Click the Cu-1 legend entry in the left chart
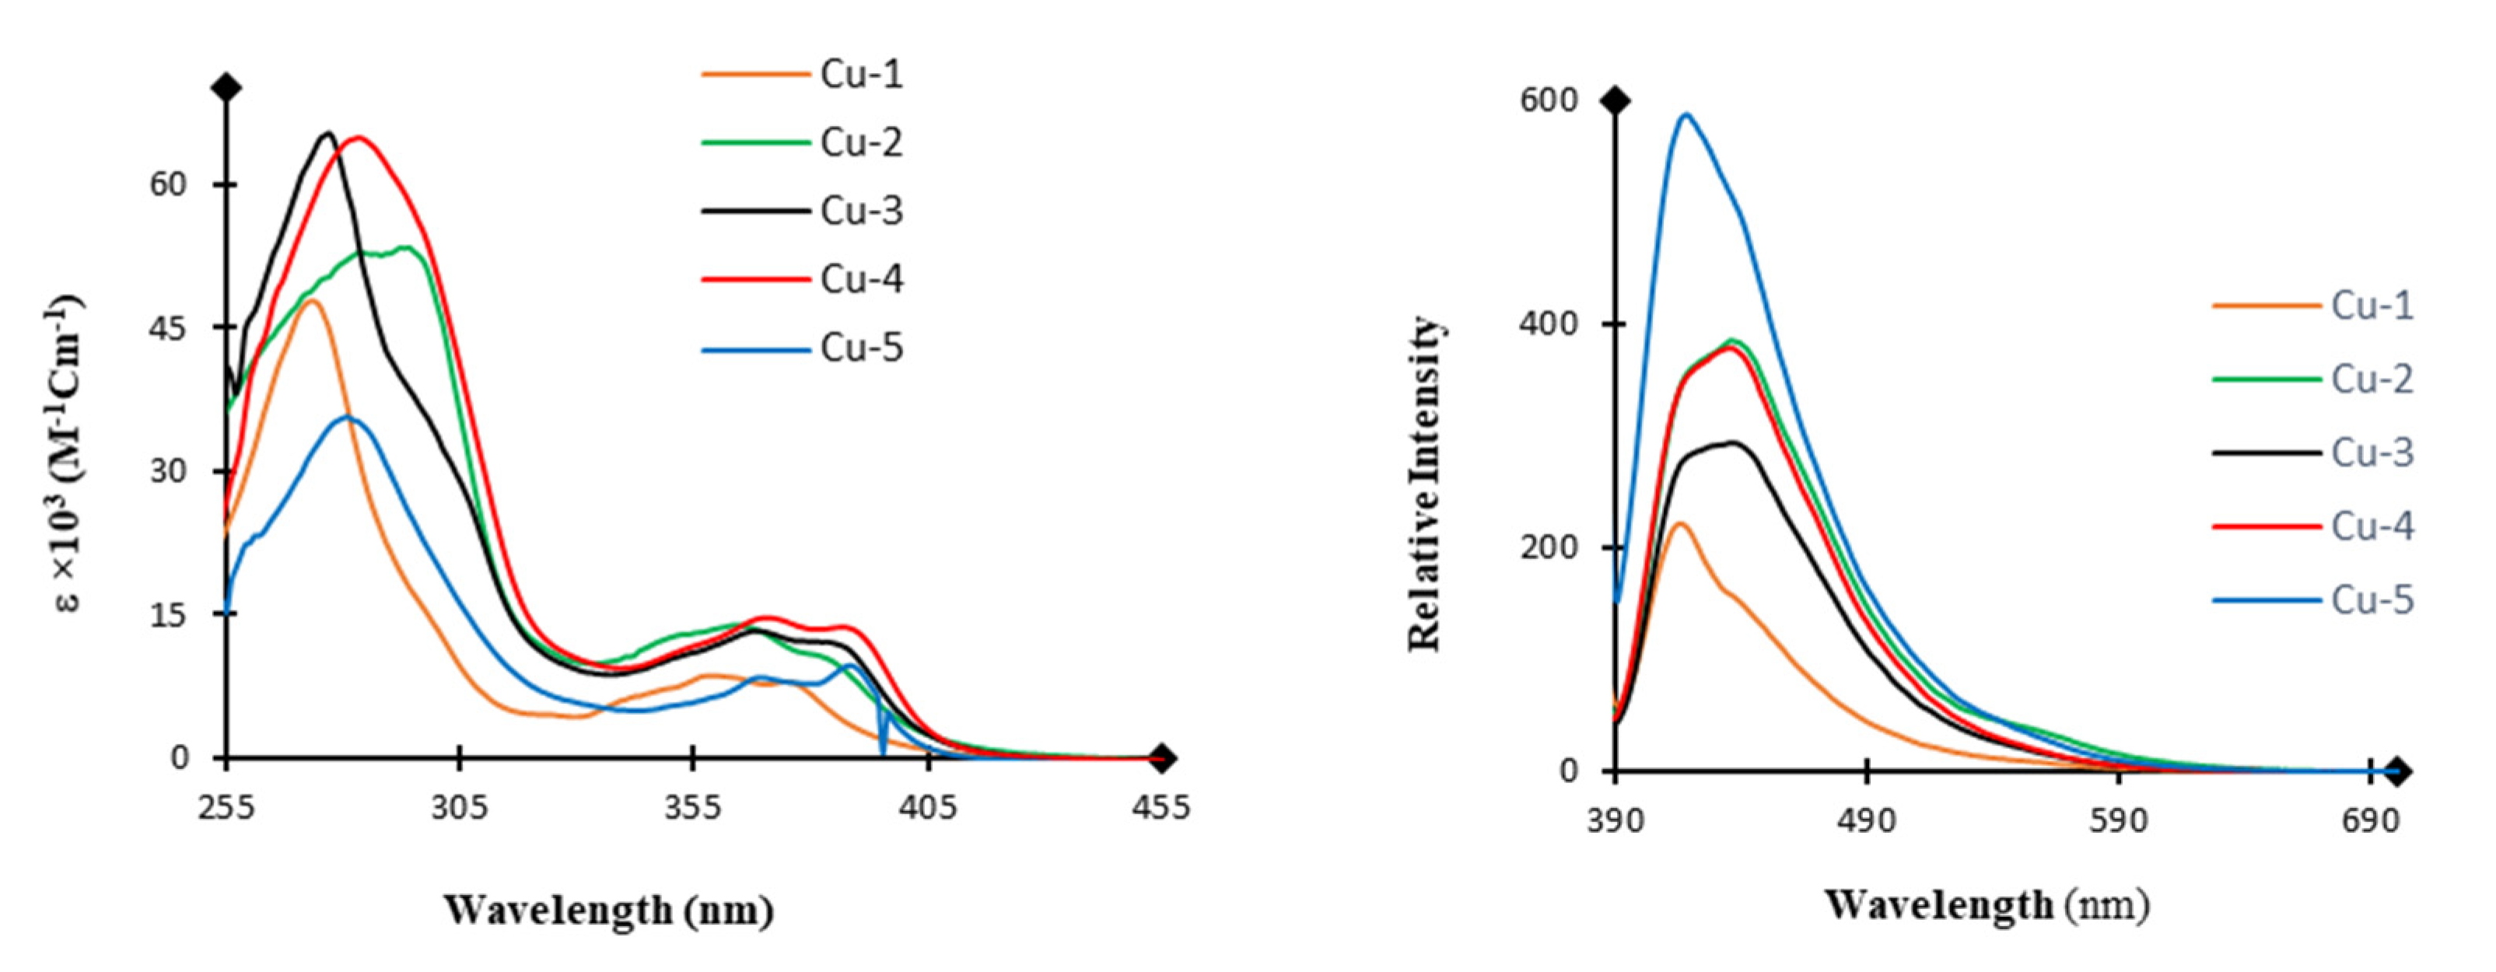[x=860, y=75]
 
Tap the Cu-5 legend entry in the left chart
[x=860, y=348]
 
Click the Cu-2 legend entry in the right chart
[x=2371, y=379]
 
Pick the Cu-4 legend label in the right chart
[x=2371, y=526]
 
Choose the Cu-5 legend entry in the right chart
[x=2371, y=600]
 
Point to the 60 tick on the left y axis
[x=169, y=184]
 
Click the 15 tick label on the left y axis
[x=169, y=614]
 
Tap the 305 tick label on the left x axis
[x=459, y=807]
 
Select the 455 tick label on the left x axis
[x=1160, y=807]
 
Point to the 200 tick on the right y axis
[x=1549, y=547]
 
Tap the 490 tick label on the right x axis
[x=1866, y=821]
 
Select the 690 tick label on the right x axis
[x=2371, y=821]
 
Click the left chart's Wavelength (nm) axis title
[x=608, y=910]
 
